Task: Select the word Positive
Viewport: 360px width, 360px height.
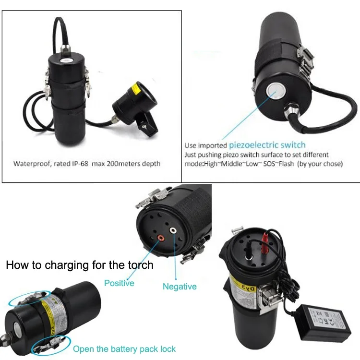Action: tap(119, 283)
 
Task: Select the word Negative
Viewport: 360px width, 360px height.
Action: tap(180, 287)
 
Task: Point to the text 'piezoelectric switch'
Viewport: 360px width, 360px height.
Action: tap(267, 144)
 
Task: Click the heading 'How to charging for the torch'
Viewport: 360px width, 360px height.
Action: tap(80, 265)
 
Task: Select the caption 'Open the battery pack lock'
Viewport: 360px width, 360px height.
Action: tap(124, 349)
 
